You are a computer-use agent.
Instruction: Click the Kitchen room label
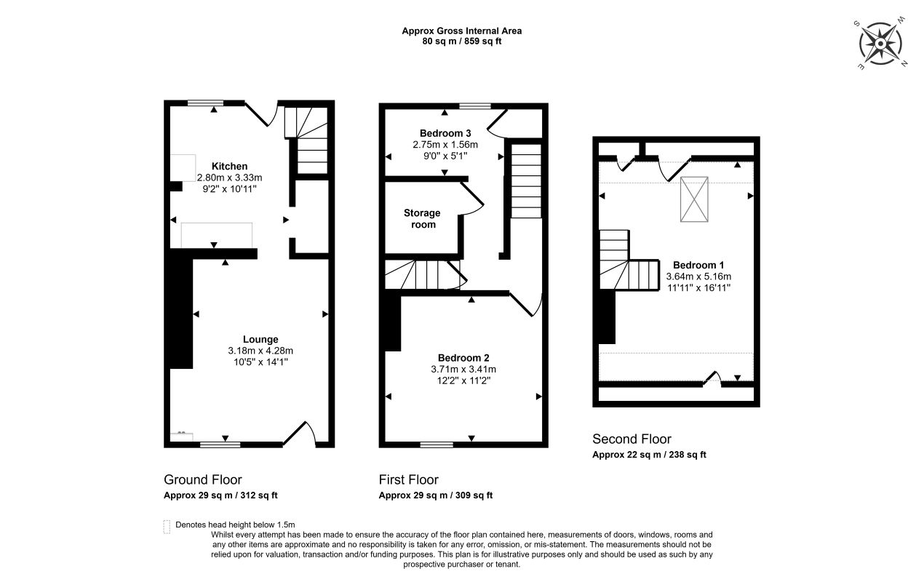[x=229, y=166]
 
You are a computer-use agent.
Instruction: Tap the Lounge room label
[x=260, y=340]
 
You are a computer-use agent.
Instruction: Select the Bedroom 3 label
[x=445, y=133]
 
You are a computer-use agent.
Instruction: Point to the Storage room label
[x=422, y=218]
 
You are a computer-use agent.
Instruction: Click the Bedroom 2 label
[x=463, y=358]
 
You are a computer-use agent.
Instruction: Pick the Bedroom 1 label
[x=698, y=265]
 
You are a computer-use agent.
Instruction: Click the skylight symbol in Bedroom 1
[x=694, y=199]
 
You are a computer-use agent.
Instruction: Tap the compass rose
[x=880, y=44]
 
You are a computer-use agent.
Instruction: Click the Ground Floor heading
[x=202, y=479]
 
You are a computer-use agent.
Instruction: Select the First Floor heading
[x=408, y=479]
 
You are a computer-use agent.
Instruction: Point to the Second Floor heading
[x=632, y=439]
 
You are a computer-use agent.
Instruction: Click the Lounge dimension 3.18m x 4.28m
[x=260, y=351]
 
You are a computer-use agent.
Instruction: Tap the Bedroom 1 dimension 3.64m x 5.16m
[x=698, y=276]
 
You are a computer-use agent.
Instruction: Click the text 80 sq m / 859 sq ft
[x=461, y=41]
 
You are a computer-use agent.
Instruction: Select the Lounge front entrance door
[x=299, y=434]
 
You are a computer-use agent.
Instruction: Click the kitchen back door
[x=261, y=113]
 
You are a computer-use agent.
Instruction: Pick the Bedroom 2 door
[x=525, y=304]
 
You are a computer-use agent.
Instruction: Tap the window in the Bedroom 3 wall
[x=475, y=106]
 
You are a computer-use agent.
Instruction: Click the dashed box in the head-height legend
[x=167, y=527]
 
